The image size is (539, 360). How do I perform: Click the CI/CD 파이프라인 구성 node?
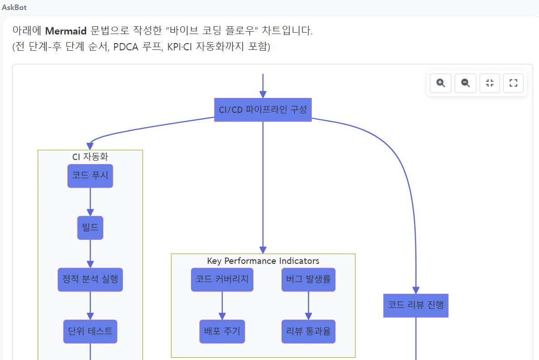pyautogui.click(x=262, y=110)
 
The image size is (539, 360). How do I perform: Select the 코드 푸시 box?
pyautogui.click(x=90, y=176)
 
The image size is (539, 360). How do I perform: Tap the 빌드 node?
pyautogui.click(x=90, y=228)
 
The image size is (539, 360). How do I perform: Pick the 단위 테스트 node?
pyautogui.click(x=90, y=331)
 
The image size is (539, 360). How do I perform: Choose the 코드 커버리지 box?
pyautogui.click(x=222, y=279)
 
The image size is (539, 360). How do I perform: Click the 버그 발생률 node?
pyautogui.click(x=308, y=279)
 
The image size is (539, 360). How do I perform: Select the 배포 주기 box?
pyautogui.click(x=222, y=331)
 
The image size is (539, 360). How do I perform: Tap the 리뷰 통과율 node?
pyautogui.click(x=308, y=331)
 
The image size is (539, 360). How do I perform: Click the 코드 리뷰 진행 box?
pyautogui.click(x=416, y=305)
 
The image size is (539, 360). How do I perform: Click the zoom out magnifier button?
pyautogui.click(x=465, y=83)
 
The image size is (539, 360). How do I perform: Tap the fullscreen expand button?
pyautogui.click(x=514, y=83)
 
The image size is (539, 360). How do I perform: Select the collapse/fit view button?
pyautogui.click(x=490, y=83)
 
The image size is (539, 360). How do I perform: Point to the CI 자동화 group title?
pyautogui.click(x=90, y=157)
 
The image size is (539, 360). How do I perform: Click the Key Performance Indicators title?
pyautogui.click(x=263, y=261)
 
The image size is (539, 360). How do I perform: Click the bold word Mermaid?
pyautogui.click(x=66, y=31)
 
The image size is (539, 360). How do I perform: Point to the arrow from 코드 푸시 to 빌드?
pyautogui.click(x=90, y=202)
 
